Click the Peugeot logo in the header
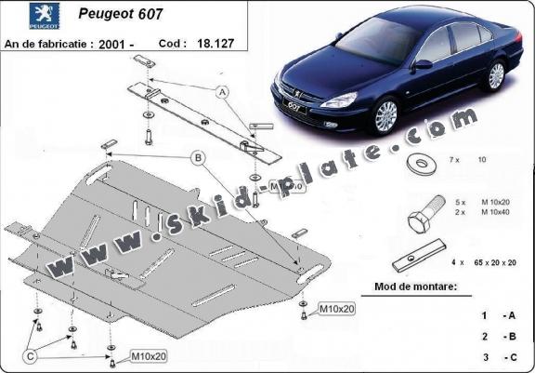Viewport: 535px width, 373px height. click(x=45, y=16)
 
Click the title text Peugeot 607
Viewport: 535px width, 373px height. click(x=121, y=14)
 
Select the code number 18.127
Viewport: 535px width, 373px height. click(x=215, y=44)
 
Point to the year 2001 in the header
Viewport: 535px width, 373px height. click(x=111, y=45)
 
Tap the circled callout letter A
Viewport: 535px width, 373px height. click(x=223, y=92)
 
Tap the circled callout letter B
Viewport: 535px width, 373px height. click(x=198, y=158)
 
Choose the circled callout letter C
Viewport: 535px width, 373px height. click(x=31, y=357)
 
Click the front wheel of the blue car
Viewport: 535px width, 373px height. click(x=386, y=116)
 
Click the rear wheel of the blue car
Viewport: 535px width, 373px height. click(x=496, y=76)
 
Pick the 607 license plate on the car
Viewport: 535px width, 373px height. click(x=294, y=107)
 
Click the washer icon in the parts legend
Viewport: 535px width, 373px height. click(x=422, y=164)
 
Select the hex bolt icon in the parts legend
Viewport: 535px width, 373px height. click(x=426, y=214)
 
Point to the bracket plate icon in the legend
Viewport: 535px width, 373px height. click(x=419, y=256)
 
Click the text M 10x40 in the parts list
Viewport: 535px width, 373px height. click(x=495, y=212)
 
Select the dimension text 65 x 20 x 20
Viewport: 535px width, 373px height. click(x=495, y=262)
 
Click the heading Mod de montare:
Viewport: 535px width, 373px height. click(x=415, y=286)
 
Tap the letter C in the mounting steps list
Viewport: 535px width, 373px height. click(x=512, y=357)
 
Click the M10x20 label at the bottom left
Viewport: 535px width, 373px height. click(x=149, y=356)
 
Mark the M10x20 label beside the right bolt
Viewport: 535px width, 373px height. click(x=337, y=309)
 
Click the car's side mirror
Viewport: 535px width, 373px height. click(x=422, y=64)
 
